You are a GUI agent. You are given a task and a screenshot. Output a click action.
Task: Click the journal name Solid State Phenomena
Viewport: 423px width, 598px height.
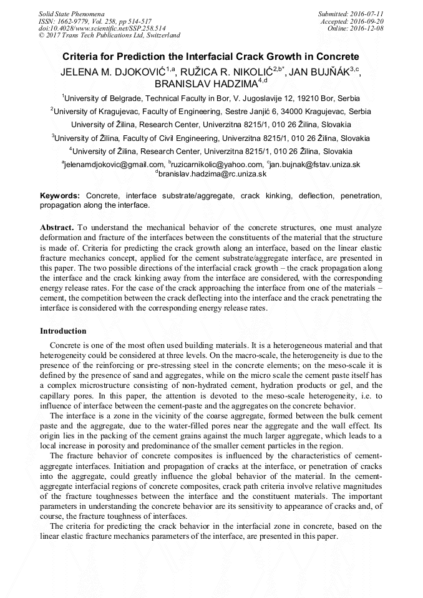coord(71,13)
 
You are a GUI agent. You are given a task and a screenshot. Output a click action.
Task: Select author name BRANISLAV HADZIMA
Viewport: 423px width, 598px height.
coord(207,84)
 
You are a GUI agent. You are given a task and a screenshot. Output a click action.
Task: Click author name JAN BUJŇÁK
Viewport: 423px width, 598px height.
coord(318,71)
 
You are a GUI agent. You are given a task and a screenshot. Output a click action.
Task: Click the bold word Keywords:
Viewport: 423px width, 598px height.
coord(60,195)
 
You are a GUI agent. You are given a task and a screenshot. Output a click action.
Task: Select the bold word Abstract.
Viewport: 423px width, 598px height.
coord(57,227)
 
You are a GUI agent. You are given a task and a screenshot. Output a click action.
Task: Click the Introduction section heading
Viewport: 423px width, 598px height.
coord(63,330)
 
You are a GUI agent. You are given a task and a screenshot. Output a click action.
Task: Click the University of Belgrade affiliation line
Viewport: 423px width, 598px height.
coord(211,98)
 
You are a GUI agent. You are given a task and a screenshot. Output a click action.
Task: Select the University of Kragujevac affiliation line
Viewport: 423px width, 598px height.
coord(211,111)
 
